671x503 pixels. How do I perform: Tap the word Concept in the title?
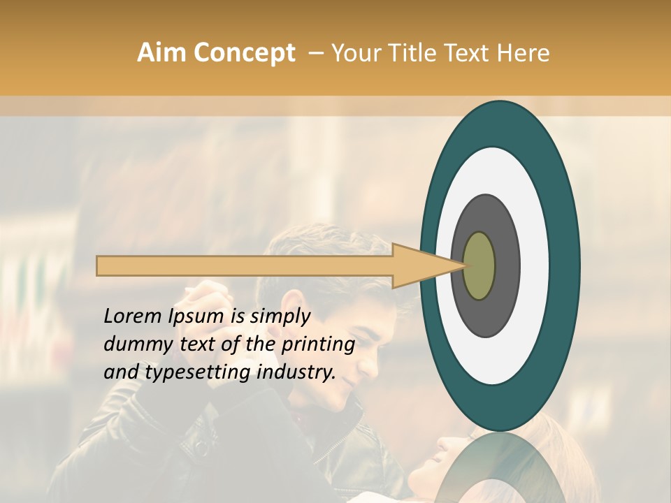pyautogui.click(x=244, y=53)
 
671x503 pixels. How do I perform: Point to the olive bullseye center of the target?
pyautogui.click(x=479, y=266)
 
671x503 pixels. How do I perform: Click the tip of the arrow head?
pyautogui.click(x=465, y=265)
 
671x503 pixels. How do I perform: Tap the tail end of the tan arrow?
pyautogui.click(x=99, y=266)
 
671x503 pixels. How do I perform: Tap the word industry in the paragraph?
pyautogui.click(x=296, y=372)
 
